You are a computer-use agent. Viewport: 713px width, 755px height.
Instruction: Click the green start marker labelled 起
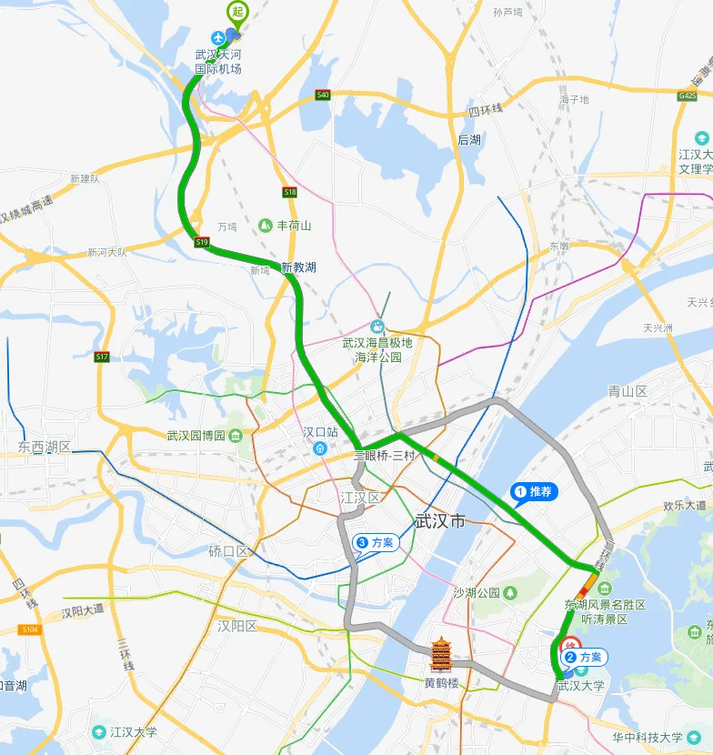point(236,12)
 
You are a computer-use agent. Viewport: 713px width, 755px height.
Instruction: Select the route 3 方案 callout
point(377,543)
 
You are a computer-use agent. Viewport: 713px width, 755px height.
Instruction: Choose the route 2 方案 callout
point(584,657)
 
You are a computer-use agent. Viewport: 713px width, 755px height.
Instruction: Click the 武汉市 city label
point(439,521)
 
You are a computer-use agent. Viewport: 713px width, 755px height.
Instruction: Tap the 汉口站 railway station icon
point(319,448)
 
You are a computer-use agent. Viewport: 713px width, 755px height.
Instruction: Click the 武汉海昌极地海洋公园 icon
point(377,327)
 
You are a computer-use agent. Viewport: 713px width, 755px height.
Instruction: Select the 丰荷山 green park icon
point(265,225)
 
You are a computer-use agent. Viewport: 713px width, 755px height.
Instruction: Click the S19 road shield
point(202,242)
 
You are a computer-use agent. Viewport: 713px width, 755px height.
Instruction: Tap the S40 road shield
point(322,95)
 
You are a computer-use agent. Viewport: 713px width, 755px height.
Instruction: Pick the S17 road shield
point(102,357)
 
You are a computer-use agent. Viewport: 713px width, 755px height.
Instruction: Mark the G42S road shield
point(688,95)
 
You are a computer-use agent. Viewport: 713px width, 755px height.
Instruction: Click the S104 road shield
point(30,629)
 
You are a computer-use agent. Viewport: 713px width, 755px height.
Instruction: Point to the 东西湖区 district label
point(45,448)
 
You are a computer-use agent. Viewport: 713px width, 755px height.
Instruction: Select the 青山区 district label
point(628,391)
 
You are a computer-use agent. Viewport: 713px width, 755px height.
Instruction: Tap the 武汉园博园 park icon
point(236,435)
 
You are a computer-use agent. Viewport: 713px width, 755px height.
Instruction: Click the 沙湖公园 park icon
point(510,593)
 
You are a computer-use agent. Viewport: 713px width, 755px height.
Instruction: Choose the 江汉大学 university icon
point(98,731)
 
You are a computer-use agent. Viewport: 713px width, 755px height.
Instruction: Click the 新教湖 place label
point(298,267)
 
